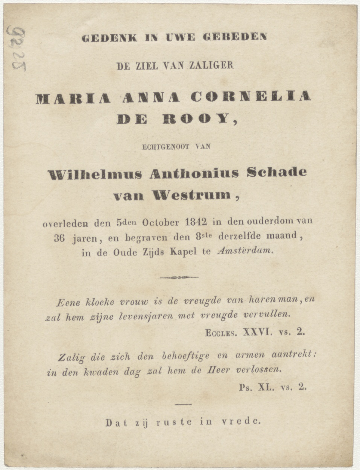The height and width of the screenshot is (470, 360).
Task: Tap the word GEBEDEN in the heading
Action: (x=235, y=37)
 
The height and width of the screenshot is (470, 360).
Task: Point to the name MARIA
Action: (x=73, y=98)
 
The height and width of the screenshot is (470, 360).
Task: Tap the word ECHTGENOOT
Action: (x=166, y=147)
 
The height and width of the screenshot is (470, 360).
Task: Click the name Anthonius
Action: (x=194, y=173)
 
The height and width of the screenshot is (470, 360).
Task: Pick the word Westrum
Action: (x=191, y=195)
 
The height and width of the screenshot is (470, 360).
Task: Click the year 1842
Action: (x=197, y=221)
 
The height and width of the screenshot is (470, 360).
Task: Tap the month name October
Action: (x=161, y=222)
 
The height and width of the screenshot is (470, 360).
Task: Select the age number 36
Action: (x=59, y=238)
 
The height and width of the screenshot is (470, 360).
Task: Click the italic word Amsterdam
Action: (x=245, y=252)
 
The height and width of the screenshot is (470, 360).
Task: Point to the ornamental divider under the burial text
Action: (x=179, y=277)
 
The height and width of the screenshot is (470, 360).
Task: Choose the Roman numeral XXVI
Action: (x=257, y=332)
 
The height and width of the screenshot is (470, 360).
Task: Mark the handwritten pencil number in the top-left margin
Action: (x=17, y=49)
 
